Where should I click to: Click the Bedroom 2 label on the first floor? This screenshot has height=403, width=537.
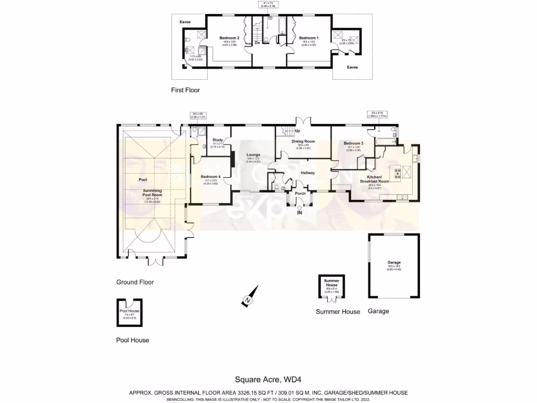[229, 38]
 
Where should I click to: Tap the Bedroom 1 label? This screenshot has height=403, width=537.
[308, 38]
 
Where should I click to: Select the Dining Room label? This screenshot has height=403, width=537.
[303, 141]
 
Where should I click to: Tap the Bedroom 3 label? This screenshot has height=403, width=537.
[353, 143]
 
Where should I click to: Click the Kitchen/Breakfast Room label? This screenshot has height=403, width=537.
[374, 179]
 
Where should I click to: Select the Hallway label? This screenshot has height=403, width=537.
[307, 173]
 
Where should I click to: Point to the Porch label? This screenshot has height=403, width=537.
[300, 193]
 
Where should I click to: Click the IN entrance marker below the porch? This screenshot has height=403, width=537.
[300, 213]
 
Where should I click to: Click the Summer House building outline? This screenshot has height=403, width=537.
[331, 288]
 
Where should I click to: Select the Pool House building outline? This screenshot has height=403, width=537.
[129, 313]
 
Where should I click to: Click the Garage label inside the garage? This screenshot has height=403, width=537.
[394, 262]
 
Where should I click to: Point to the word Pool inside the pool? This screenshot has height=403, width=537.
[143, 179]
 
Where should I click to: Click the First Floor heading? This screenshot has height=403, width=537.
[185, 90]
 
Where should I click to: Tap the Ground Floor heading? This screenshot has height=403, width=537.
[135, 282]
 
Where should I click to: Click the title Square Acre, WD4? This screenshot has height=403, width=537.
[268, 379]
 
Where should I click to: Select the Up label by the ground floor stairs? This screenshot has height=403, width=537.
[297, 130]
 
